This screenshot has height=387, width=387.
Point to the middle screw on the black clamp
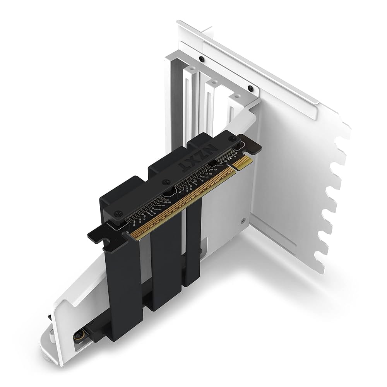coord(166,180)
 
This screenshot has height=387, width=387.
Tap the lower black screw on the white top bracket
coord(250,87)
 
